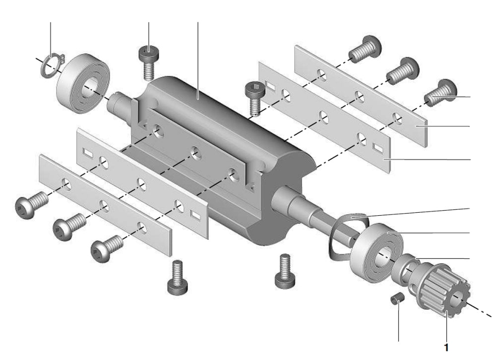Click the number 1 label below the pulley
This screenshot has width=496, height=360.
pos(447,348)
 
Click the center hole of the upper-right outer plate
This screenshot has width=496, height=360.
pos(360,97)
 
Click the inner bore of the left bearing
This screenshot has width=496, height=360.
pos(92,85)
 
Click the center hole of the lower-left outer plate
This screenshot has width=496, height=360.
pos(104,206)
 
